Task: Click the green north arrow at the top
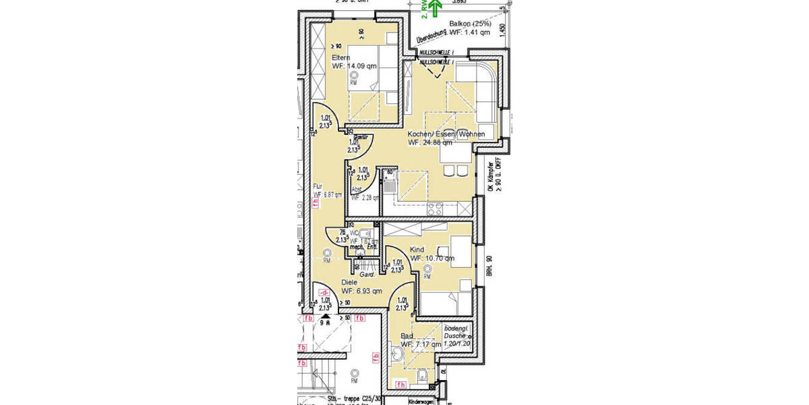click(436, 9)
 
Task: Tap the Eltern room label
click(340, 58)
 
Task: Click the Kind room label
click(417, 250)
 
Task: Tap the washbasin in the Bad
click(395, 354)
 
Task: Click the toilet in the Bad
click(421, 375)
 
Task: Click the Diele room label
click(349, 282)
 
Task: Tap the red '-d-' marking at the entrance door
click(324, 292)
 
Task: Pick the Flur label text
click(318, 187)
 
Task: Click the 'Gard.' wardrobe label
click(367, 275)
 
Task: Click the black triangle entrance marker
click(325, 314)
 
